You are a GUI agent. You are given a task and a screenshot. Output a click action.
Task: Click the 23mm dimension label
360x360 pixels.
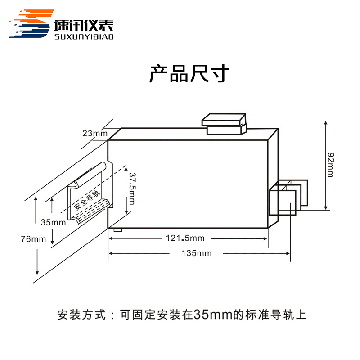95,133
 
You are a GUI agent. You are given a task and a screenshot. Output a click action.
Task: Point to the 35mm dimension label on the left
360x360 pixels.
53,222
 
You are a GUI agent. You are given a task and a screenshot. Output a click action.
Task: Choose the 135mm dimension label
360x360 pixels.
198,253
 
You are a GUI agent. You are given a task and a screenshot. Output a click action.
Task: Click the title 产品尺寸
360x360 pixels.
189,74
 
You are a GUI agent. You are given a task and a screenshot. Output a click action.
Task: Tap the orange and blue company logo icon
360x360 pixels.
30,25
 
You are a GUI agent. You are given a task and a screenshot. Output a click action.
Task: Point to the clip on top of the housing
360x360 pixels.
224,124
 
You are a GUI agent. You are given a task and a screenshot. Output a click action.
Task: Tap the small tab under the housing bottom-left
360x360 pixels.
118,229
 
